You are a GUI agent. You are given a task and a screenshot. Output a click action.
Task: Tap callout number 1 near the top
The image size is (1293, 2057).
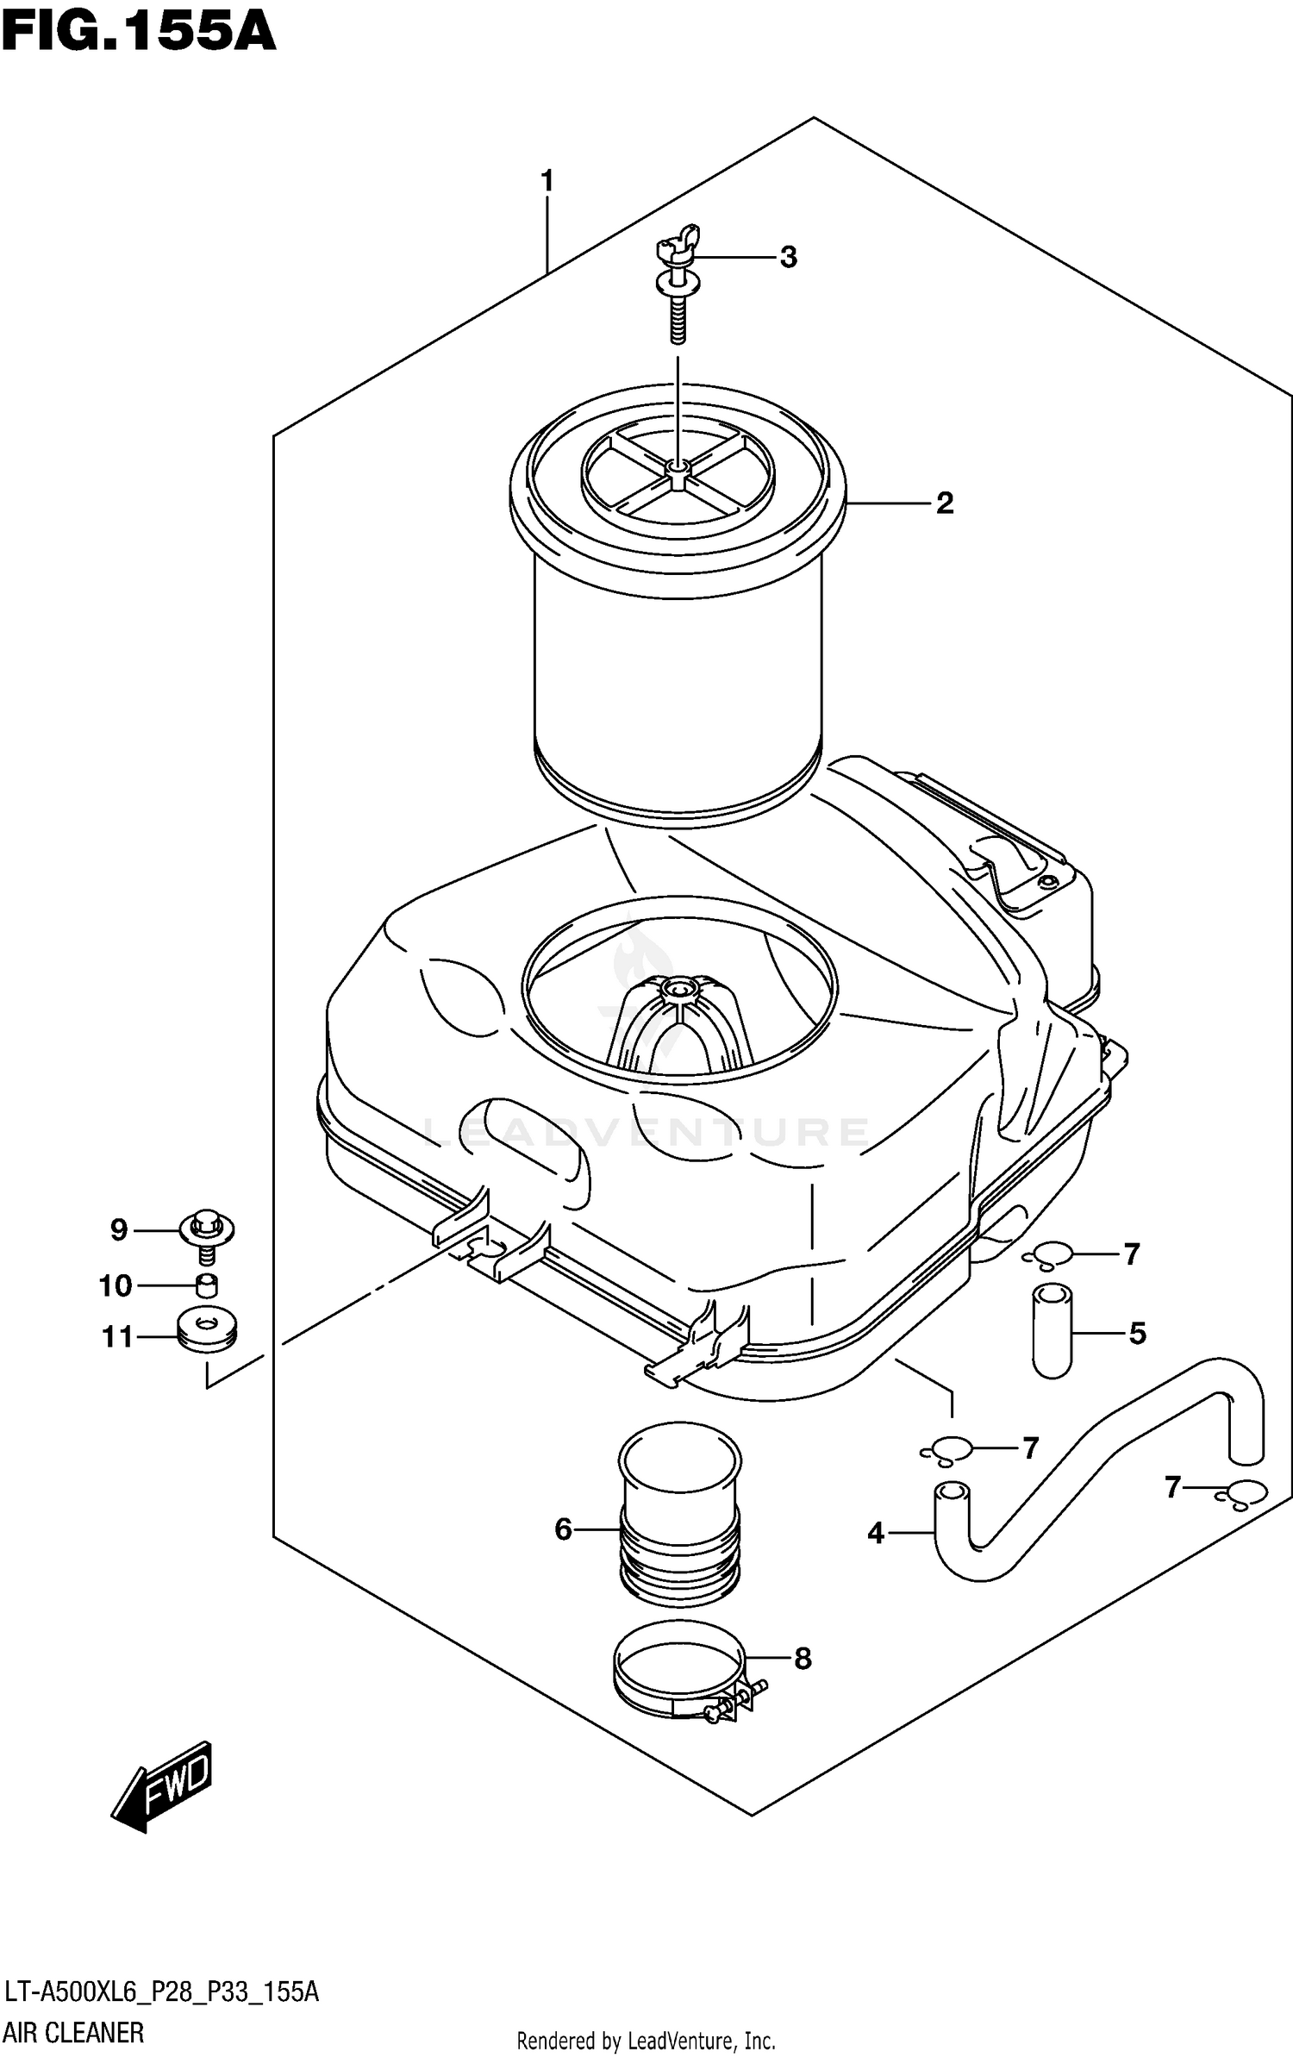point(547,182)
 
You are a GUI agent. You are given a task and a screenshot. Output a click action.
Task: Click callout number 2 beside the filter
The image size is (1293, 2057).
point(945,503)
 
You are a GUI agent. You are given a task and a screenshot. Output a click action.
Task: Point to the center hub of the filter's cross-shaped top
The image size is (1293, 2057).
point(678,466)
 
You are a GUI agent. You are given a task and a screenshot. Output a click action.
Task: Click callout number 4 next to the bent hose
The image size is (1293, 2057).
point(876,1533)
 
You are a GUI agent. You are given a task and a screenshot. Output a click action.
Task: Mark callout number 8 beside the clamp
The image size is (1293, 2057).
point(803,1658)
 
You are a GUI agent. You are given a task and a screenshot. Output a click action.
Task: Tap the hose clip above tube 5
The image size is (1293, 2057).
point(1049,1255)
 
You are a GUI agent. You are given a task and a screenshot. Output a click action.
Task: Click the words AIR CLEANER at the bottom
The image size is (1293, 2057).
point(74,2032)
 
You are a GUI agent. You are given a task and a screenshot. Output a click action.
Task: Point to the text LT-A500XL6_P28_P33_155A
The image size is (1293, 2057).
point(161,1991)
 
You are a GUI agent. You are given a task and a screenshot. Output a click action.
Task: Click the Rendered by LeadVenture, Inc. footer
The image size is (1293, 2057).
point(646,2040)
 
